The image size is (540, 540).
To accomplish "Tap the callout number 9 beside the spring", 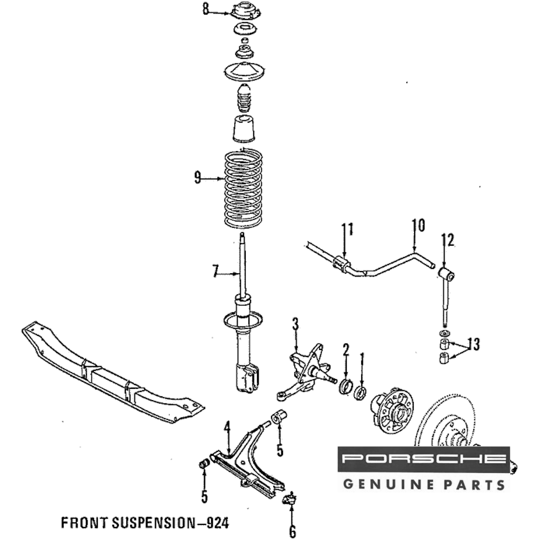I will coord(198,177).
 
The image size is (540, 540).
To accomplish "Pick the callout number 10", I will coord(418,226).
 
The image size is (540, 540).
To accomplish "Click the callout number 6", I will coord(292,531).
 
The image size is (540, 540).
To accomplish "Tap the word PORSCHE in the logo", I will coord(424,460).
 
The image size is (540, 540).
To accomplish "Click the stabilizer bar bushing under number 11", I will coord(342,264).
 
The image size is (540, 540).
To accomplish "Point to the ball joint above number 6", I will coord(290,498).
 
